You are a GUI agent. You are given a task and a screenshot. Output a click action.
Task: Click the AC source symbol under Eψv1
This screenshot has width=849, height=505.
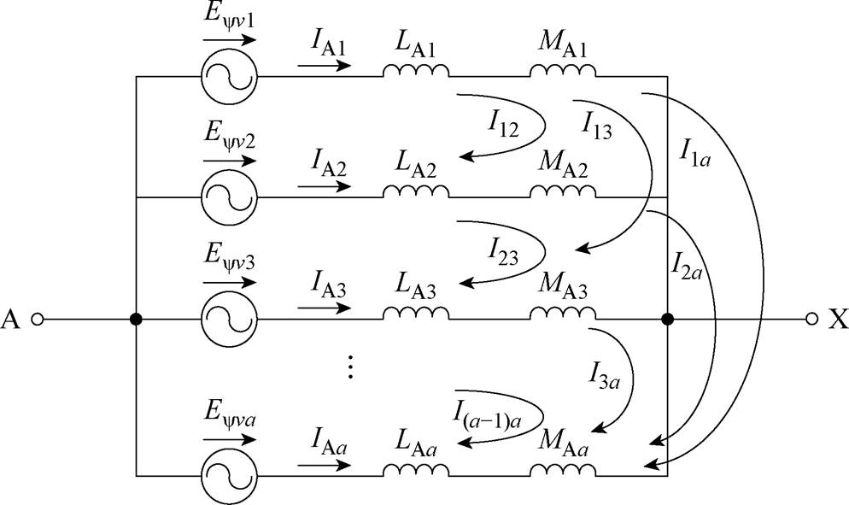click(x=227, y=75)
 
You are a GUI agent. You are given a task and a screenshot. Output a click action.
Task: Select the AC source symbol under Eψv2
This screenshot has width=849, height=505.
click(x=227, y=197)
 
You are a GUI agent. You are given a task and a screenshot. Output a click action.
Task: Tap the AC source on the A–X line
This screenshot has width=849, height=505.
click(x=227, y=320)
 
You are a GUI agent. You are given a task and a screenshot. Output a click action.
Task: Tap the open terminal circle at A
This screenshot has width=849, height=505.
click(x=37, y=320)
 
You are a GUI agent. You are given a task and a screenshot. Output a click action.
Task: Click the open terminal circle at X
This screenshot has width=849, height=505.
click(x=812, y=320)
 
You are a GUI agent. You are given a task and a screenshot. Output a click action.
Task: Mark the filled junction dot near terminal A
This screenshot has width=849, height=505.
click(x=136, y=320)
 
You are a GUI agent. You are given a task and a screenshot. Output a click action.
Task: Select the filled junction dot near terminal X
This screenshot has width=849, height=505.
click(x=668, y=320)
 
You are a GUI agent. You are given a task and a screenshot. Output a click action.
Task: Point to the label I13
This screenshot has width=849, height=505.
click(x=597, y=125)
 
